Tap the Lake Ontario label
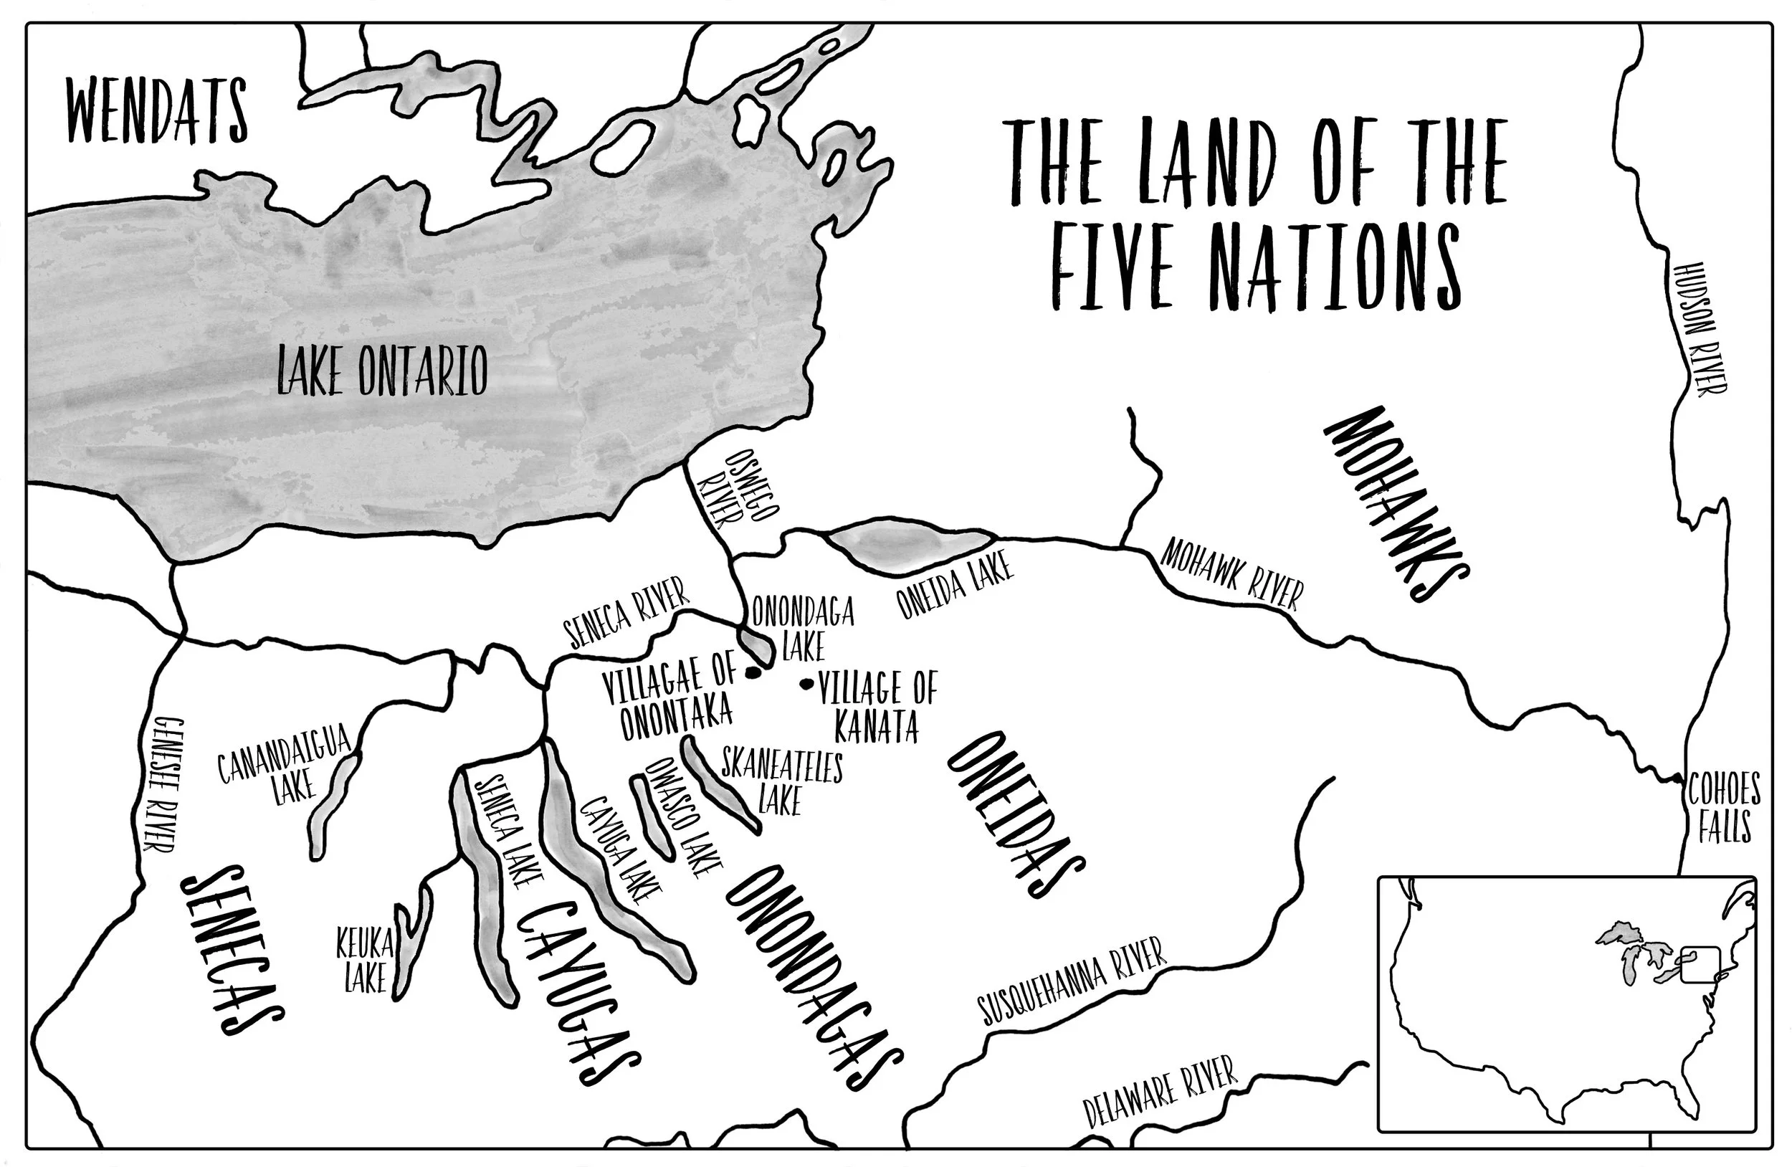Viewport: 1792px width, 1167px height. pos(383,371)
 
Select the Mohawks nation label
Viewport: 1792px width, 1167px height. pos(1395,503)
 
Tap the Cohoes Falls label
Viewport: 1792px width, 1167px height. pos(1722,806)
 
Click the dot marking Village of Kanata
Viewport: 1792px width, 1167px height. pos(807,684)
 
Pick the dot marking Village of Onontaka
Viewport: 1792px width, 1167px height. pos(751,672)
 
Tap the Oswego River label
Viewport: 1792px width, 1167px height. pos(735,490)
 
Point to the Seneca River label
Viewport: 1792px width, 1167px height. pos(626,612)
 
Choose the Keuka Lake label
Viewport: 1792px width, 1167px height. pos(365,961)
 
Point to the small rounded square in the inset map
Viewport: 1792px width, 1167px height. pos(1700,964)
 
